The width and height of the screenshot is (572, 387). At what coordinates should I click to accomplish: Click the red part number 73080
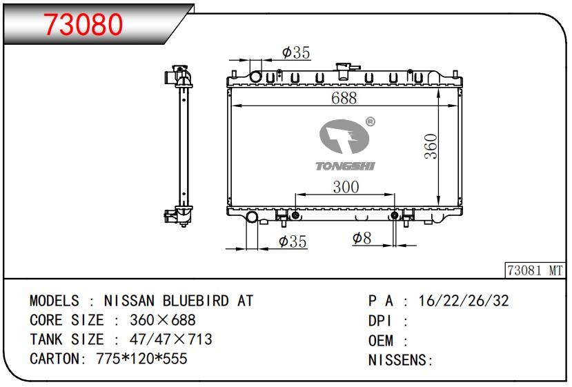(x=83, y=24)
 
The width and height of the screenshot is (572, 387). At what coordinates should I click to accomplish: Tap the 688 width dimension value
(x=344, y=98)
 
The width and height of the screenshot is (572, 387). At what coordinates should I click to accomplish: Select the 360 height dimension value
(x=431, y=146)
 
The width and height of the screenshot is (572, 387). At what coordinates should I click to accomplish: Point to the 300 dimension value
(x=346, y=187)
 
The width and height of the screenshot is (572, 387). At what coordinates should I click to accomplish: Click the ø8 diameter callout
(x=362, y=238)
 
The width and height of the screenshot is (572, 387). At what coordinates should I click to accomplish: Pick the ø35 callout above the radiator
(x=296, y=52)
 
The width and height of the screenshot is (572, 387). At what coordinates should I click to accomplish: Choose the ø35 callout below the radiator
(x=293, y=241)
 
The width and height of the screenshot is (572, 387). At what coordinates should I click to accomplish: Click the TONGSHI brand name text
(x=345, y=166)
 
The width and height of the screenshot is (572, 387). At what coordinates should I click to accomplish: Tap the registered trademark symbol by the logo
(x=370, y=121)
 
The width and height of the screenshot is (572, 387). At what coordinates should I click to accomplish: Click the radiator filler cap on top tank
(x=344, y=71)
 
